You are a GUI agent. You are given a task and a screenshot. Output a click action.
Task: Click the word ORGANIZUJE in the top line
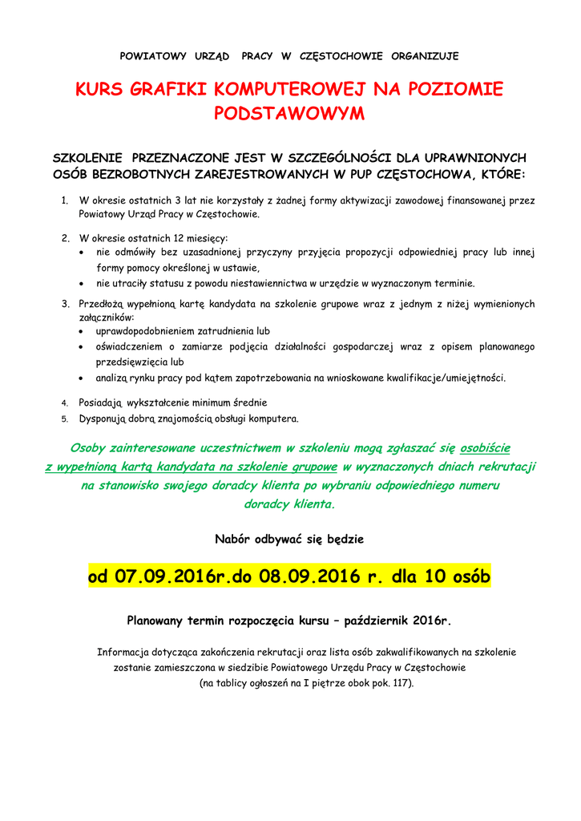tap(425, 56)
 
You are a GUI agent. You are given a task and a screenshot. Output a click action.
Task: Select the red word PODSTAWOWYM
tap(289, 114)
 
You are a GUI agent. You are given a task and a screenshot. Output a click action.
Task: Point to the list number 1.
tap(65, 200)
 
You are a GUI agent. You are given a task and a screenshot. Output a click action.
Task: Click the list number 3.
tap(65, 305)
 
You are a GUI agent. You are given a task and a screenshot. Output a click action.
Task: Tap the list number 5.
tap(65, 419)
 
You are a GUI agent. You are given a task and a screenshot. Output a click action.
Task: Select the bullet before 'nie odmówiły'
tap(84, 253)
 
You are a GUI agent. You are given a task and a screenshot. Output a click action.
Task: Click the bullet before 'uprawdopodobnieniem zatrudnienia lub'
tap(84, 331)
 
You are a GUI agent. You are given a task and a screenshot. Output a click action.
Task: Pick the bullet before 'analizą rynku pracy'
tap(84, 378)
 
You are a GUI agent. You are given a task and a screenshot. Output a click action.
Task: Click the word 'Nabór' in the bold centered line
tap(233, 540)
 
